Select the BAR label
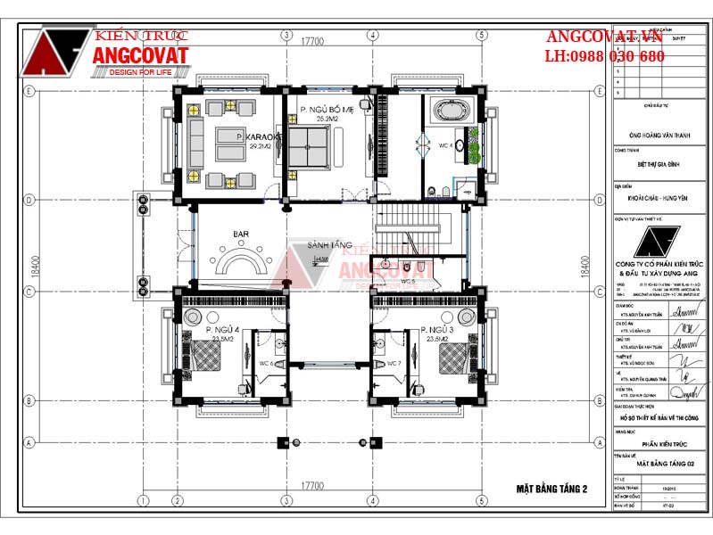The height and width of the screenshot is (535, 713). (241, 235)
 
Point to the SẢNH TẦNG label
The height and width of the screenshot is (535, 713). (329, 244)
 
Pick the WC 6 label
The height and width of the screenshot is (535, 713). (266, 364)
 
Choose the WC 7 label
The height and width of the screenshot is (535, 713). (393, 364)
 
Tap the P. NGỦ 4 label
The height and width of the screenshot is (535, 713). (223, 330)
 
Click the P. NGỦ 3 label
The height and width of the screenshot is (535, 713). (439, 330)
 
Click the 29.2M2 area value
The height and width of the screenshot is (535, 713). (260, 145)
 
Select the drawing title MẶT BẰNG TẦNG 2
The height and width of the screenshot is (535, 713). (551, 488)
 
